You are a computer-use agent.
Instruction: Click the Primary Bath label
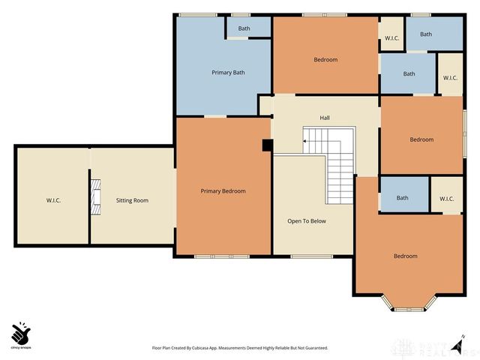pos(228,73)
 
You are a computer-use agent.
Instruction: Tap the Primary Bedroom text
pos(223,191)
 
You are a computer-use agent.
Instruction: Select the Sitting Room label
pos(132,201)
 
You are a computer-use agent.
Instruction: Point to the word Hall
pos(325,118)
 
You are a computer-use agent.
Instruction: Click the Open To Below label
pos(305,221)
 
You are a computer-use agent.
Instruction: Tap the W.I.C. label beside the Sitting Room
pos(52,201)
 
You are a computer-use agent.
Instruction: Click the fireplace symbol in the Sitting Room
pos(95,195)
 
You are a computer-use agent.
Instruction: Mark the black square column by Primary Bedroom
pos(266,146)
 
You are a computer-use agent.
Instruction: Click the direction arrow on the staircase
pos(307,139)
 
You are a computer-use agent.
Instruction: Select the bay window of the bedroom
pos(409,304)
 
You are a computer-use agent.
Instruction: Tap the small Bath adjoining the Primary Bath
pos(244,29)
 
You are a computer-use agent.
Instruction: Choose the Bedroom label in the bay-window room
pos(405,256)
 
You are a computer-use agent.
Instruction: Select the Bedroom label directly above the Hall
pos(325,60)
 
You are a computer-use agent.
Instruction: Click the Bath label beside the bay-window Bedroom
pos(403,198)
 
